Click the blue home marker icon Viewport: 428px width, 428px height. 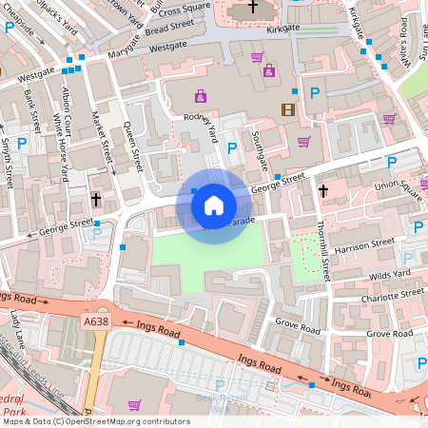(214, 204)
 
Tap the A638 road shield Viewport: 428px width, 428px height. (95, 322)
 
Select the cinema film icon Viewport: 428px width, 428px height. (288, 109)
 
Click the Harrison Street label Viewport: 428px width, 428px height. (364, 243)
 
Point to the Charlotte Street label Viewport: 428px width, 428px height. (392, 295)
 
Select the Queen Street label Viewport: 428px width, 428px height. (134, 147)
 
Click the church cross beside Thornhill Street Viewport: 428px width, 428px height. (322, 191)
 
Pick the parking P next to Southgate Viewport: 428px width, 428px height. (233, 147)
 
